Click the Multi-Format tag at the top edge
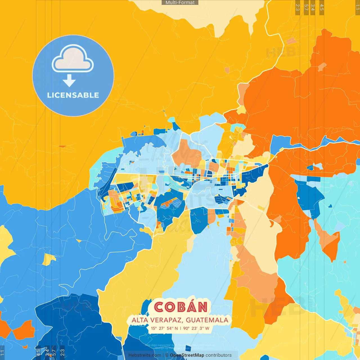pyautogui.click(x=180, y=3)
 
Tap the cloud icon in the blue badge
pyautogui.click(x=73, y=58)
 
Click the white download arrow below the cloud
pyautogui.click(x=69, y=81)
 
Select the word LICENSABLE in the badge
pyautogui.click(x=73, y=95)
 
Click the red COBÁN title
pyautogui.click(x=181, y=307)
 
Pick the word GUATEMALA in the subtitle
pyautogui.click(x=207, y=320)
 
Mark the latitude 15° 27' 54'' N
pyautogui.click(x=164, y=328)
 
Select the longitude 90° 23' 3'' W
pyautogui.click(x=196, y=328)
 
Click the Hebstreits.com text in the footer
pyautogui.click(x=145, y=355)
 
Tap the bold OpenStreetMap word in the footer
pyautogui.click(x=187, y=355)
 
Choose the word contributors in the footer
pyautogui.click(x=219, y=355)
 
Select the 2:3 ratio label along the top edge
pyautogui.click(x=298, y=7)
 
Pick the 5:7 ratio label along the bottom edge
pyautogui.click(x=54, y=353)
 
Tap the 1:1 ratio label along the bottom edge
pyautogui.click(x=2, y=353)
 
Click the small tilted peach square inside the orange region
pyautogui.click(x=322, y=67)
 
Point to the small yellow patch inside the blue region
pyautogui.click(x=49, y=259)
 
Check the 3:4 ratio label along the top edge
pyautogui.click(x=312, y=7)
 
